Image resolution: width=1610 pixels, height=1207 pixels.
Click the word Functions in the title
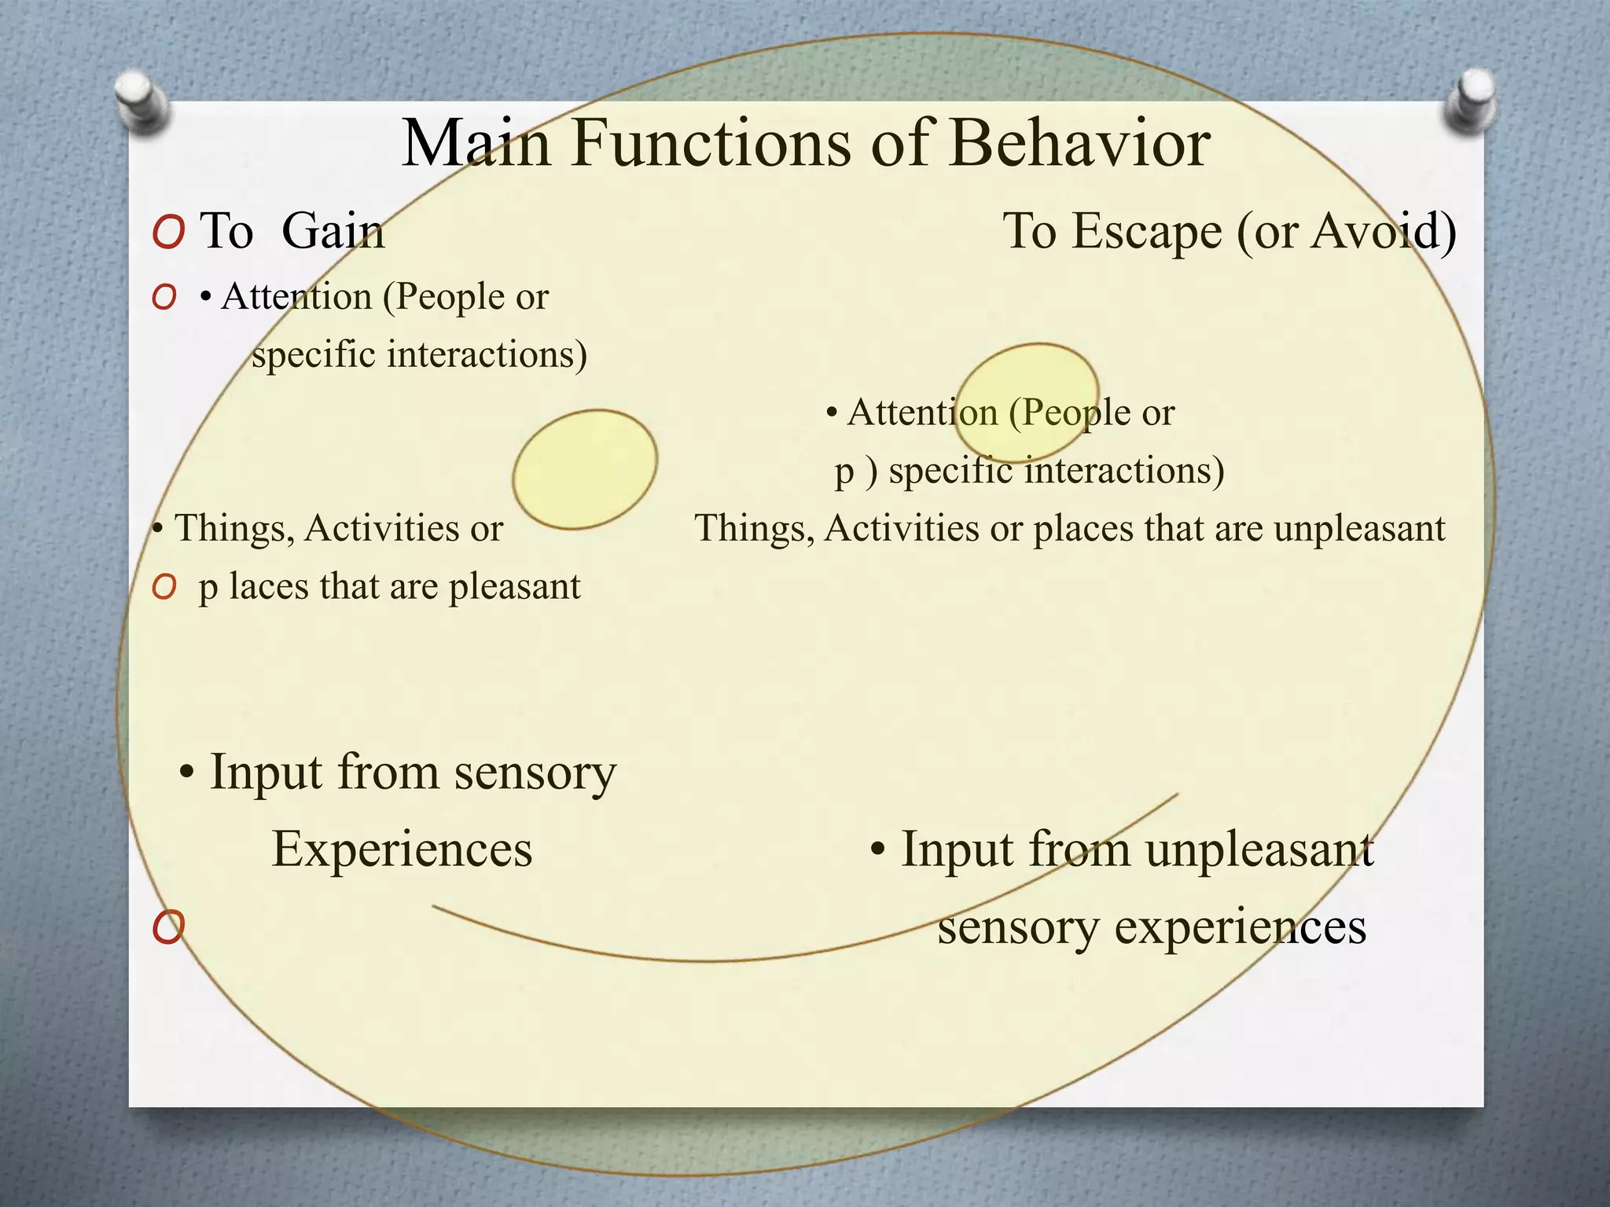click(x=711, y=144)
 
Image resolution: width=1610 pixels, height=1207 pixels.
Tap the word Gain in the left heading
click(x=333, y=232)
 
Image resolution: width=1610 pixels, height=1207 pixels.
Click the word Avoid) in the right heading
click(x=1384, y=232)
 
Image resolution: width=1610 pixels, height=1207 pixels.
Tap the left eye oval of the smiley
click(x=585, y=469)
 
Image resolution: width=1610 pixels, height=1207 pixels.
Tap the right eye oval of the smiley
click(x=1027, y=401)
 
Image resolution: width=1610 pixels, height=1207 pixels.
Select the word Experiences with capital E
click(x=402, y=849)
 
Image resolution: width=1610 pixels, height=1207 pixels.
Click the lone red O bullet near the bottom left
click(x=168, y=927)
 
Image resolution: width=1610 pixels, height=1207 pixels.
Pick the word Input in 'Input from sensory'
click(x=266, y=772)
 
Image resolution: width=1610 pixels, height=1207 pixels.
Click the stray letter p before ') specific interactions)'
click(x=844, y=471)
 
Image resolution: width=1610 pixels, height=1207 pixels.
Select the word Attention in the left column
click(x=296, y=297)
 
